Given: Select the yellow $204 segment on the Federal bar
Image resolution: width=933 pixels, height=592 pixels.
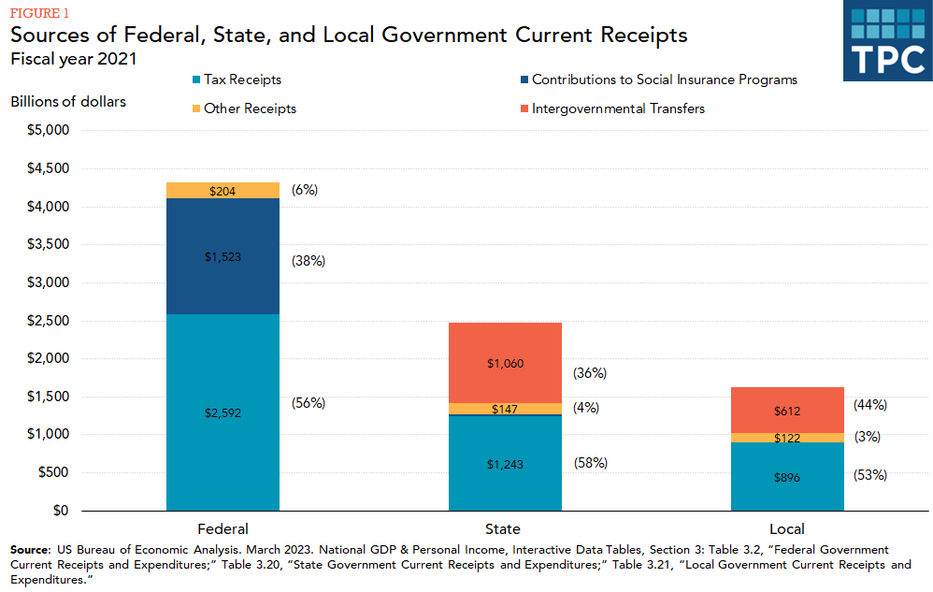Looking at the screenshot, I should (223, 191).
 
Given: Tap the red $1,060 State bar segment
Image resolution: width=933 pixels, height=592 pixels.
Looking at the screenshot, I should (505, 363).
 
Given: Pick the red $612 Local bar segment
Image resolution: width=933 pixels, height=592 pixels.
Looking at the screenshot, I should (787, 411).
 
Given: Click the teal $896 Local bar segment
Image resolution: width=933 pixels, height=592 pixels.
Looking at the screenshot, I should (787, 477).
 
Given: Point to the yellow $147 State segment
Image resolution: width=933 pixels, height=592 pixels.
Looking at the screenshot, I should (505, 409).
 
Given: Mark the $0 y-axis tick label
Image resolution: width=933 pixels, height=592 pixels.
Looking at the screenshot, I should (59, 511).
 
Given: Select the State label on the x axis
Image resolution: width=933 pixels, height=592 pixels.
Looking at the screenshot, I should (504, 528).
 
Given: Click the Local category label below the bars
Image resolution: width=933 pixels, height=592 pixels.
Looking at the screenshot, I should (787, 528).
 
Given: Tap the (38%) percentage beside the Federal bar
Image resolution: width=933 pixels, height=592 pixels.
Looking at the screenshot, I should (309, 261).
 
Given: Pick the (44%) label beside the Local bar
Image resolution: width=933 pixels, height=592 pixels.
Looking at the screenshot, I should (870, 405).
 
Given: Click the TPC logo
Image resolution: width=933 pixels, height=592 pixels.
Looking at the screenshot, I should (887, 43).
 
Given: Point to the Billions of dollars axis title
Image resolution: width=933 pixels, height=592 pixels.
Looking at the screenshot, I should (68, 101).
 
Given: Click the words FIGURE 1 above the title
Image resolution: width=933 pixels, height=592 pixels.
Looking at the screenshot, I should (40, 13).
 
